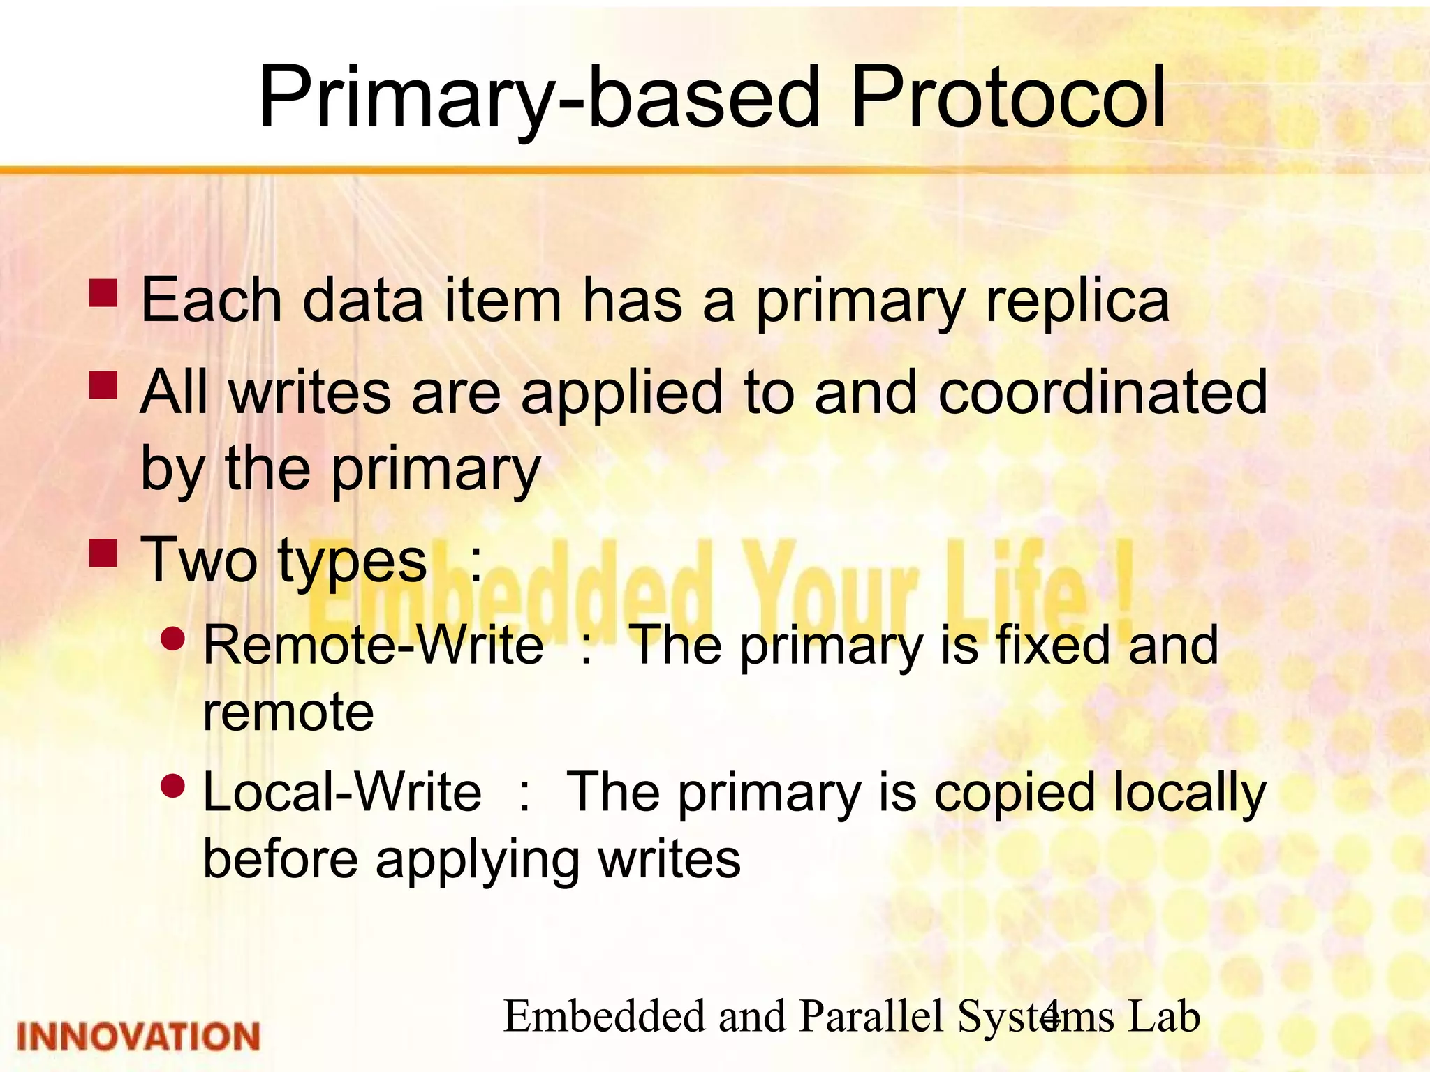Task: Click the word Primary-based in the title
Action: tap(538, 98)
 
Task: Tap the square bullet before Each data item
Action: tap(103, 293)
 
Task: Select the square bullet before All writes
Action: tap(103, 385)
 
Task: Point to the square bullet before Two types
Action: tap(103, 551)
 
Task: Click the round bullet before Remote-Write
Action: tap(172, 638)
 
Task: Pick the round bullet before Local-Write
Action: tap(172, 786)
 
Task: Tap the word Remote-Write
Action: tap(373, 645)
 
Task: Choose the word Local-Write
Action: tap(342, 793)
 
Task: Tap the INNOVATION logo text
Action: tap(138, 1036)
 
